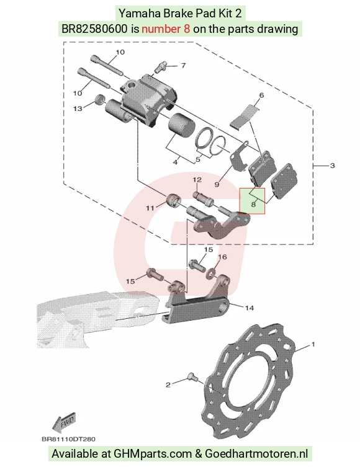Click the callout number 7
click(183, 65)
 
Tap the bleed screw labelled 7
click(160, 67)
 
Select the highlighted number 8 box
click(253, 201)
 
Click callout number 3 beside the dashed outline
click(332, 166)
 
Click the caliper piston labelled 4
click(181, 127)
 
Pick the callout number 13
click(78, 109)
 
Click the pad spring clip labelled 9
click(240, 156)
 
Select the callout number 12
click(197, 180)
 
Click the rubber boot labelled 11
click(173, 200)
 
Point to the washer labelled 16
click(212, 272)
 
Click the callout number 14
click(249, 308)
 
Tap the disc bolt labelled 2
click(192, 378)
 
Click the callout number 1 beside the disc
click(313, 344)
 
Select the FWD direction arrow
click(64, 422)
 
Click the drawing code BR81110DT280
click(68, 439)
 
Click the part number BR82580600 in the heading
click(94, 29)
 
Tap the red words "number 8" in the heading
click(166, 29)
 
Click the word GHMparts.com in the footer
click(153, 453)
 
